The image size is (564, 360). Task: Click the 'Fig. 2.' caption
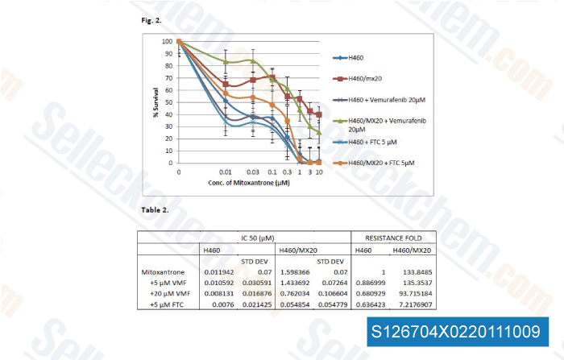150,16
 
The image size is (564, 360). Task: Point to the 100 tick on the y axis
167,41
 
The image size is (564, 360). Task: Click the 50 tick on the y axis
168,102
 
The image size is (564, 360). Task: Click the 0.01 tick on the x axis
226,172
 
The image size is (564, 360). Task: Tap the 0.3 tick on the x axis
288,172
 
